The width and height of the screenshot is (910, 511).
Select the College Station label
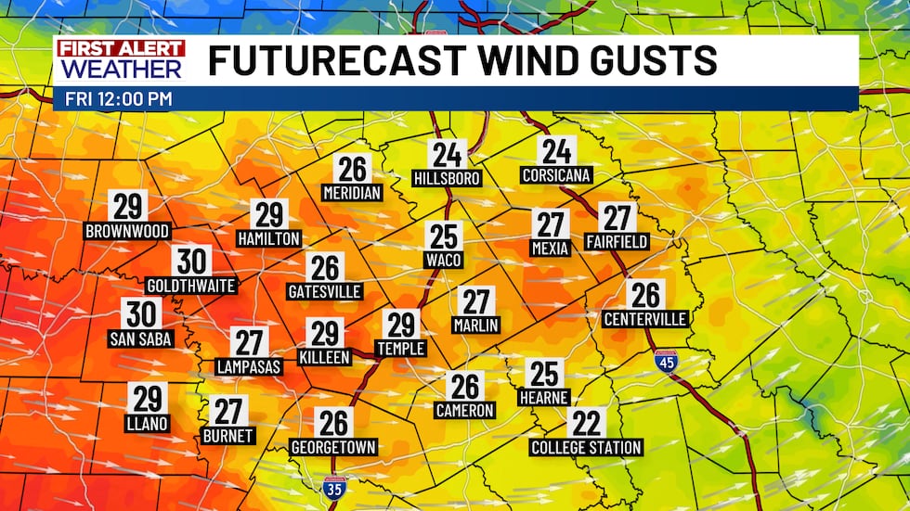tap(586, 448)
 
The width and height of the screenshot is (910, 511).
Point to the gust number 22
tap(587, 424)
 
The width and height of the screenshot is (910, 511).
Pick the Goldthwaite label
tap(191, 286)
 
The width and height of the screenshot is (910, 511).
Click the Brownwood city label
tap(127, 231)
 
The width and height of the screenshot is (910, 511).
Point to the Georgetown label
tap(333, 447)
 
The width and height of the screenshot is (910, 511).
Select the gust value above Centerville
tap(644, 296)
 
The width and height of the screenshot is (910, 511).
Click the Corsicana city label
tap(557, 175)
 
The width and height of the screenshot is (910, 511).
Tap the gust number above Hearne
tap(544, 374)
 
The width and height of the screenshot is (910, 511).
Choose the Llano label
tap(148, 424)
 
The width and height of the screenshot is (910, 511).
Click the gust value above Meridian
tap(352, 169)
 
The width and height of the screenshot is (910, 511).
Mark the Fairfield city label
tap(617, 241)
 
